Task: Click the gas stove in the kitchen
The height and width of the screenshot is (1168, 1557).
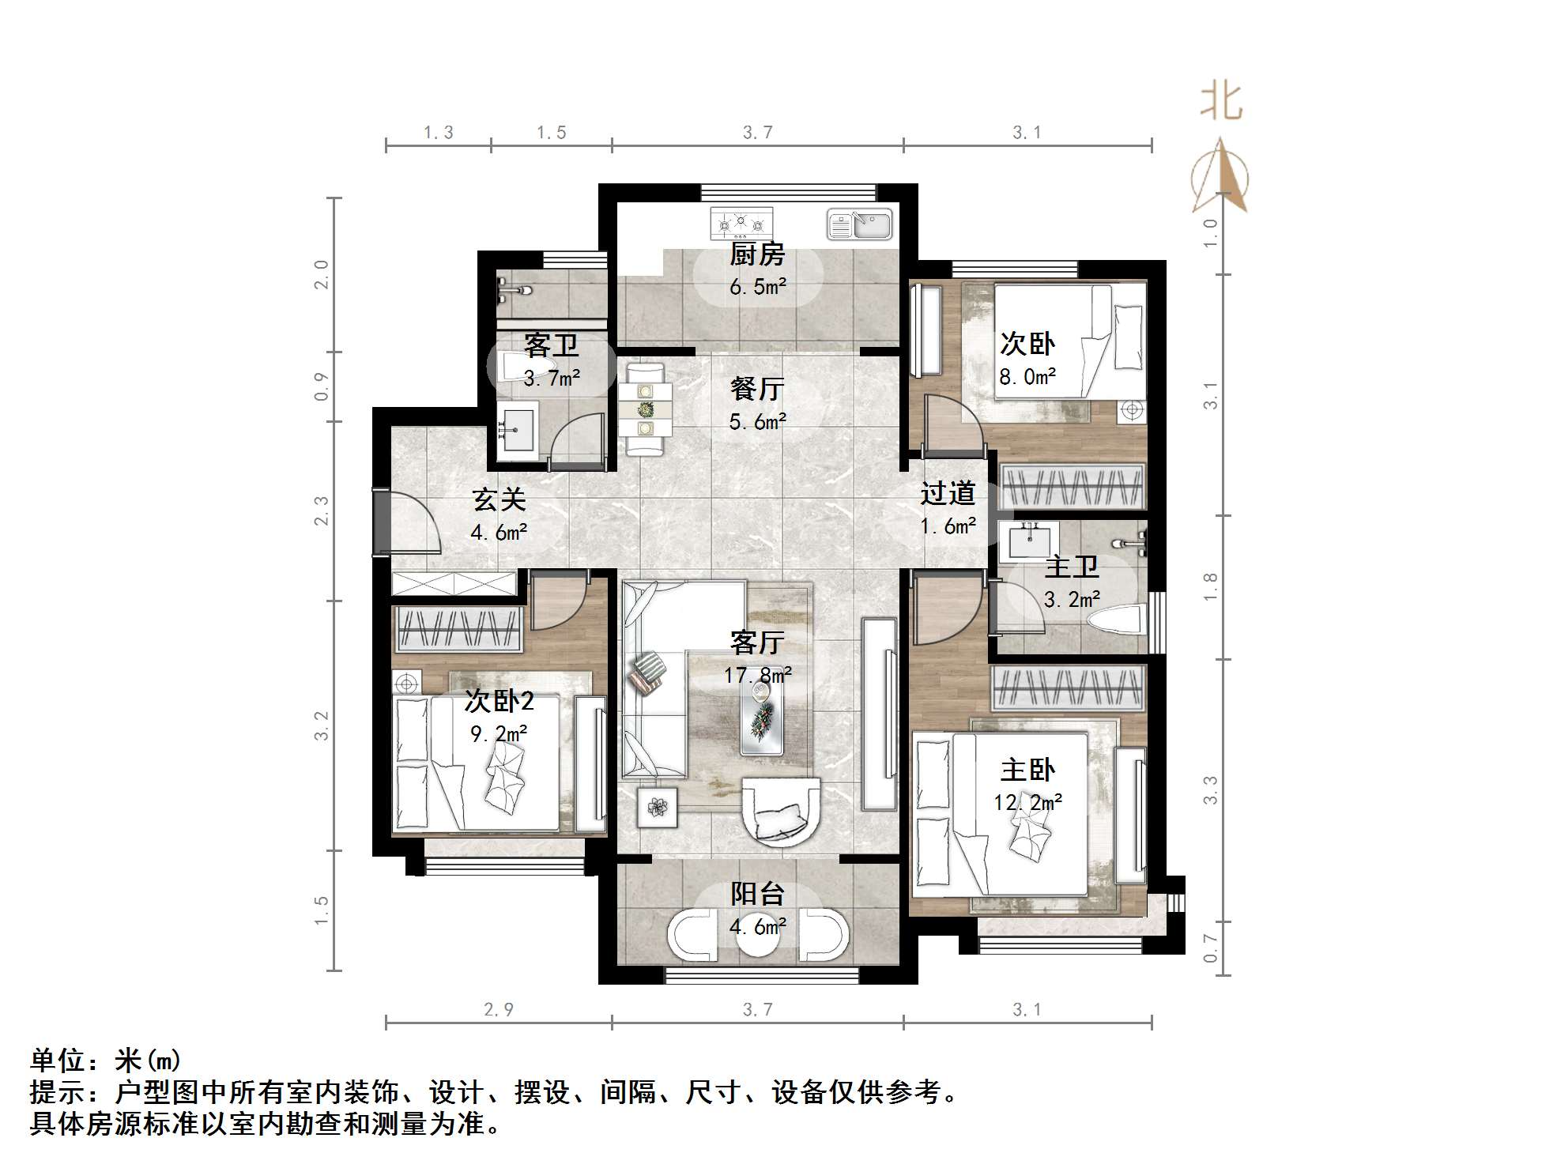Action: tap(741, 224)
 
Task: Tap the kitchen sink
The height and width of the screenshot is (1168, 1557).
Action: tap(859, 224)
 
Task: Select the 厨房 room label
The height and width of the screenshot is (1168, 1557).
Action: tap(757, 254)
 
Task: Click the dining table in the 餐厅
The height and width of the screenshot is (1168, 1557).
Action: tap(646, 409)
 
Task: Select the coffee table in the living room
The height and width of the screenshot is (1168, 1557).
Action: tap(762, 716)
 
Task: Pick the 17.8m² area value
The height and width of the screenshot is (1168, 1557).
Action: tap(757, 675)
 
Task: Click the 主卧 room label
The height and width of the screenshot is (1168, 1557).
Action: tap(1027, 770)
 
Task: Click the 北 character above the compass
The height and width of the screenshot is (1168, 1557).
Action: tap(1221, 102)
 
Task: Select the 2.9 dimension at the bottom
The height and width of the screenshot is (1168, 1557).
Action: tap(498, 1009)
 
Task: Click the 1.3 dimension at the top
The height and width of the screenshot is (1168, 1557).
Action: tap(438, 133)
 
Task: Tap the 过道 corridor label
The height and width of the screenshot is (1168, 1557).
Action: tap(947, 493)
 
